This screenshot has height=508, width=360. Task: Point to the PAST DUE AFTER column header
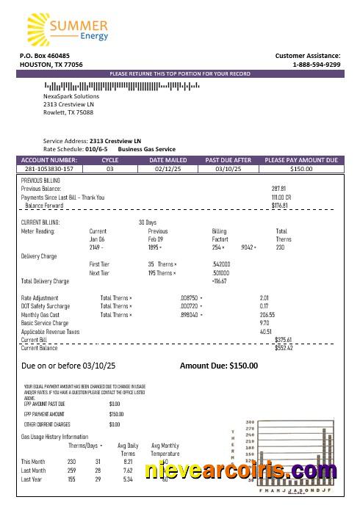(x=228, y=159)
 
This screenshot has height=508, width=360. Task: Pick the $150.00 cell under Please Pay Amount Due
(x=300, y=169)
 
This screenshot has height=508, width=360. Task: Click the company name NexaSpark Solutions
(x=71, y=96)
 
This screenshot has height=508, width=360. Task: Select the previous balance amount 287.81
(x=278, y=189)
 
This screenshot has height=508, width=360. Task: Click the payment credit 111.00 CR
(x=281, y=197)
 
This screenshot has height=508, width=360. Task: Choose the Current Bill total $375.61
(x=283, y=340)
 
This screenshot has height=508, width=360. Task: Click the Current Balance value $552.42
(x=283, y=348)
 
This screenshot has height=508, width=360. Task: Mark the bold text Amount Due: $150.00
(x=219, y=365)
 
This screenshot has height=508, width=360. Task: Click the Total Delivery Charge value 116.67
(x=219, y=281)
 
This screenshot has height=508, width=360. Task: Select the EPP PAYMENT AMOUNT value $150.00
(x=115, y=414)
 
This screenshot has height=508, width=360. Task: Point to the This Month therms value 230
(x=72, y=461)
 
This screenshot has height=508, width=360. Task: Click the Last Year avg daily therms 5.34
(x=128, y=479)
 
